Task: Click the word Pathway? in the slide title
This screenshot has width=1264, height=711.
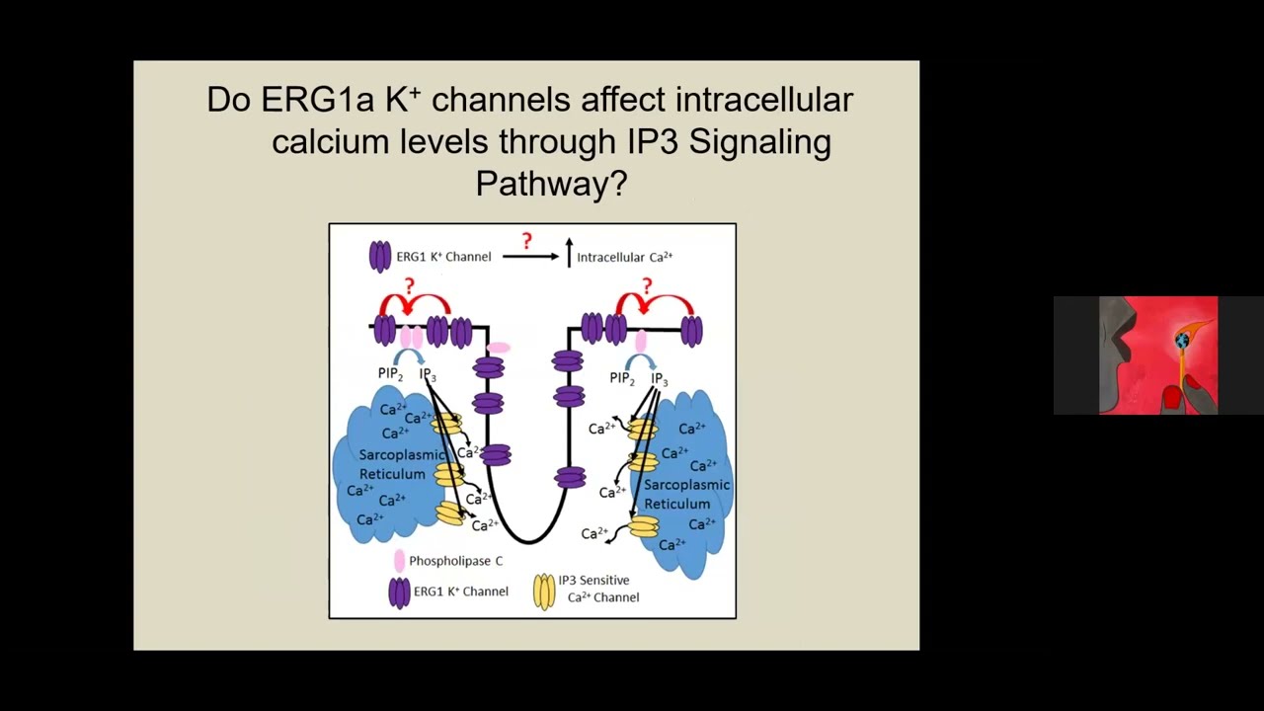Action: [551, 183]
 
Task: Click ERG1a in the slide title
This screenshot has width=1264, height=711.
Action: [317, 100]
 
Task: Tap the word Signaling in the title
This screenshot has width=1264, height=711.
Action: [759, 141]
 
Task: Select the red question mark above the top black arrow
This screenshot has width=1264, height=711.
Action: [526, 241]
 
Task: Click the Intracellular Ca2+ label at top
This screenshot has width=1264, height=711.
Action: [625, 258]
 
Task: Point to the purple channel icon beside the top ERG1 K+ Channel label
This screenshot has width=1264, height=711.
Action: [380, 257]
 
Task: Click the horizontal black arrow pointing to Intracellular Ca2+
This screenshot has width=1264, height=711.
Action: [530, 257]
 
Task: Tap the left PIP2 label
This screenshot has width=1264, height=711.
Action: [390, 374]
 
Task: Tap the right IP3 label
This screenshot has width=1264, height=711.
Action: [659, 379]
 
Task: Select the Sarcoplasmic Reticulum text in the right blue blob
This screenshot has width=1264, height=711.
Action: [686, 494]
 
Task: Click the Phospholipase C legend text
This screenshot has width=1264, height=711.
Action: [455, 561]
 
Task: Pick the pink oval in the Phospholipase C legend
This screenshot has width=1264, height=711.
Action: [400, 561]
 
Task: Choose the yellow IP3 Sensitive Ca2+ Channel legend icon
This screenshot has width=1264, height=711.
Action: [544, 592]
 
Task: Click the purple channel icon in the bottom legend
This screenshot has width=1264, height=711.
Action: [400, 592]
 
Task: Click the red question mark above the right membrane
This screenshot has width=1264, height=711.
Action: [647, 285]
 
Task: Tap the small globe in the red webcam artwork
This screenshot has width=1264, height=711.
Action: [1182, 341]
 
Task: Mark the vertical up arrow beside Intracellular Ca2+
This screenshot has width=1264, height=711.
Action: [569, 252]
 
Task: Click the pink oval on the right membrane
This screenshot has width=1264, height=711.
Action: [641, 342]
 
